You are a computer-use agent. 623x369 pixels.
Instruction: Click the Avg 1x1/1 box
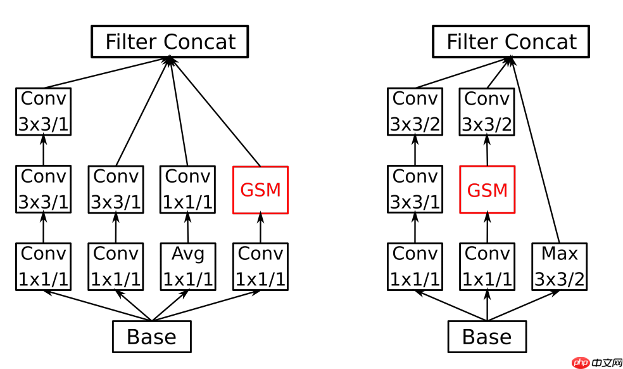[x=188, y=266]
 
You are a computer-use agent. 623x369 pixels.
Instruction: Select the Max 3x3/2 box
[x=559, y=266]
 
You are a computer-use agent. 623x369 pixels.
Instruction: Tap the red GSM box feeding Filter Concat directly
[x=260, y=190]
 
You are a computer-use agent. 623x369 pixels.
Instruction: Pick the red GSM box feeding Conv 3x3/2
[x=487, y=190]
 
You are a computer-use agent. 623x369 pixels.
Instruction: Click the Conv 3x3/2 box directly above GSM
[x=487, y=112]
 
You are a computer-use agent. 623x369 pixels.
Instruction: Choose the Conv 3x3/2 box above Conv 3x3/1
[x=415, y=112]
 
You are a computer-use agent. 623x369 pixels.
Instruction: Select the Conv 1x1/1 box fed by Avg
[x=188, y=190]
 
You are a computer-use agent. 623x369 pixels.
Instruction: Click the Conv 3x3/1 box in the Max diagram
[x=415, y=190]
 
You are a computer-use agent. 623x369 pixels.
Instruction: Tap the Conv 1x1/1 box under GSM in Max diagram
[x=487, y=266]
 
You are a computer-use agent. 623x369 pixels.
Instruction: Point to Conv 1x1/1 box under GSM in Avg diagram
[x=260, y=266]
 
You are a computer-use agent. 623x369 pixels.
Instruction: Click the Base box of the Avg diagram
[x=151, y=337]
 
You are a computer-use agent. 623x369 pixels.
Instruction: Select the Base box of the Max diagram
[x=487, y=337]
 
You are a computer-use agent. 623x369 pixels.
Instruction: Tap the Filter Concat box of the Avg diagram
[x=170, y=42]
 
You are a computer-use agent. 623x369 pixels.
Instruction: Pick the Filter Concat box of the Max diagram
[x=511, y=42]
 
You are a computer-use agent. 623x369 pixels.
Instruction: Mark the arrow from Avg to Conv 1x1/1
[x=188, y=228]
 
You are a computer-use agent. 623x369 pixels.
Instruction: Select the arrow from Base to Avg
[x=170, y=306]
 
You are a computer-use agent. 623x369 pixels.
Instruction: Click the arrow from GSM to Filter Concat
[x=215, y=111]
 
